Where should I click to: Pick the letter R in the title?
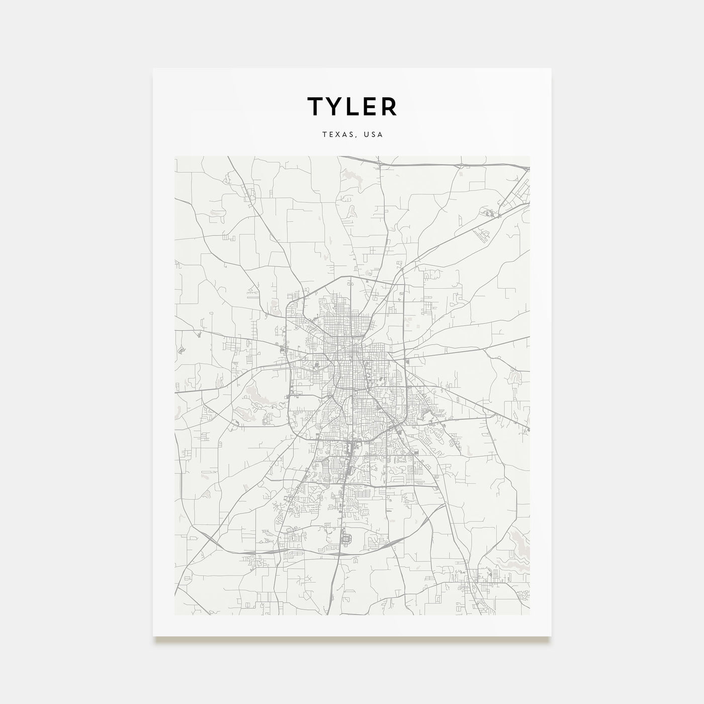coord(389,106)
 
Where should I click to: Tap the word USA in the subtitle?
coord(374,135)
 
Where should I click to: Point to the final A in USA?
coord(381,135)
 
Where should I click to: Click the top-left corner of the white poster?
coord(153,69)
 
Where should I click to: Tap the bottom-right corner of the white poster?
coord(551,636)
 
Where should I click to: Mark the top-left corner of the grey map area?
coord(175,156)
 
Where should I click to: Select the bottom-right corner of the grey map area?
coord(530,614)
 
